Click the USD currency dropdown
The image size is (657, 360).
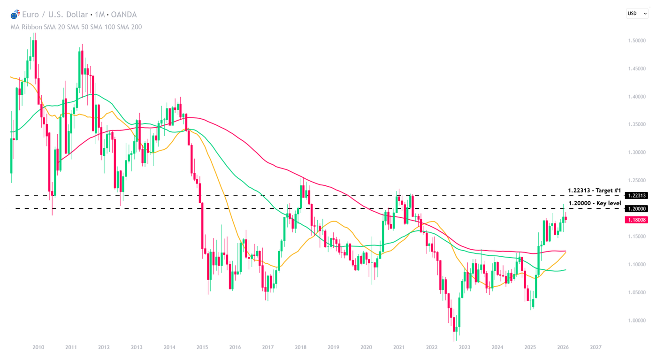click(x=637, y=14)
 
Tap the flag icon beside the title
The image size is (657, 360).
click(x=15, y=15)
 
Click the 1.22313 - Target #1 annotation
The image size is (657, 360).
click(x=594, y=191)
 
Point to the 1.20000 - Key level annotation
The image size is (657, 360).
click(x=595, y=203)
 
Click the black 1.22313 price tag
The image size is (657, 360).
click(x=636, y=195)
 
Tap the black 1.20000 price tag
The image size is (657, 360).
click(x=636, y=209)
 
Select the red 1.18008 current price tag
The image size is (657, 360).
click(x=636, y=220)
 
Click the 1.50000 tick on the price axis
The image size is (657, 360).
click(x=637, y=41)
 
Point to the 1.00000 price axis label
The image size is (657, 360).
click(x=637, y=321)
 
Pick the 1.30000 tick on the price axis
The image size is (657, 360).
click(x=637, y=153)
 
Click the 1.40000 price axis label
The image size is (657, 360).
click(x=637, y=97)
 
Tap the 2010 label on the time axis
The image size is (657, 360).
click(x=38, y=347)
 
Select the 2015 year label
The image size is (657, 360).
click(x=202, y=347)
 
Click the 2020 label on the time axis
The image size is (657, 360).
click(x=366, y=347)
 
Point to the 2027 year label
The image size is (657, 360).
click(x=596, y=347)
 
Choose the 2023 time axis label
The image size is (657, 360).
click(x=465, y=347)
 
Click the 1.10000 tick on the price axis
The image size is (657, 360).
click(x=637, y=265)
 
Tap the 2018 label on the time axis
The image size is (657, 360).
click(x=301, y=347)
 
